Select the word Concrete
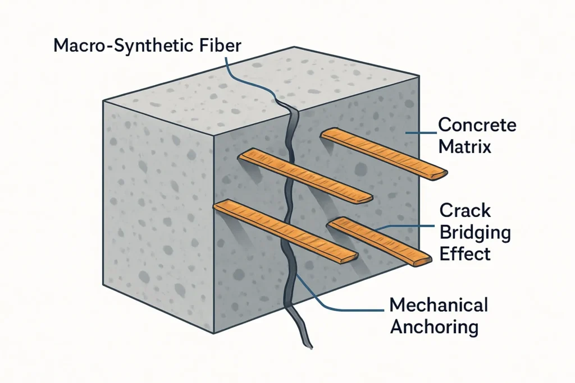tap(476, 124)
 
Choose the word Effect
tap(465, 254)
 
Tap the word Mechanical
tap(439, 306)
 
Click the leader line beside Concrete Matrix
tap(421, 133)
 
